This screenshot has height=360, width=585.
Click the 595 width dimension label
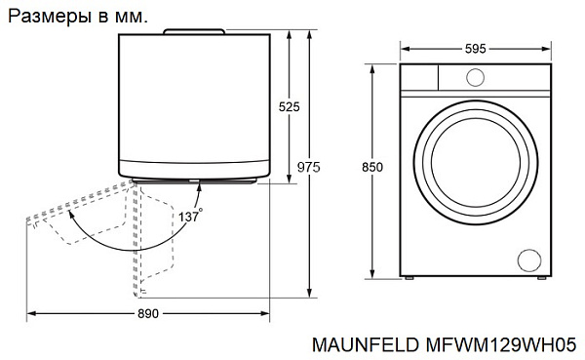pyautogui.click(x=475, y=49)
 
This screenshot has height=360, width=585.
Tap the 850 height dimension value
pyautogui.click(x=372, y=167)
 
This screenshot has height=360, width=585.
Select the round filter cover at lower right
pyautogui.click(x=527, y=259)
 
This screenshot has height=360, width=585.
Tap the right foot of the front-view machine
pyautogui.click(x=539, y=279)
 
